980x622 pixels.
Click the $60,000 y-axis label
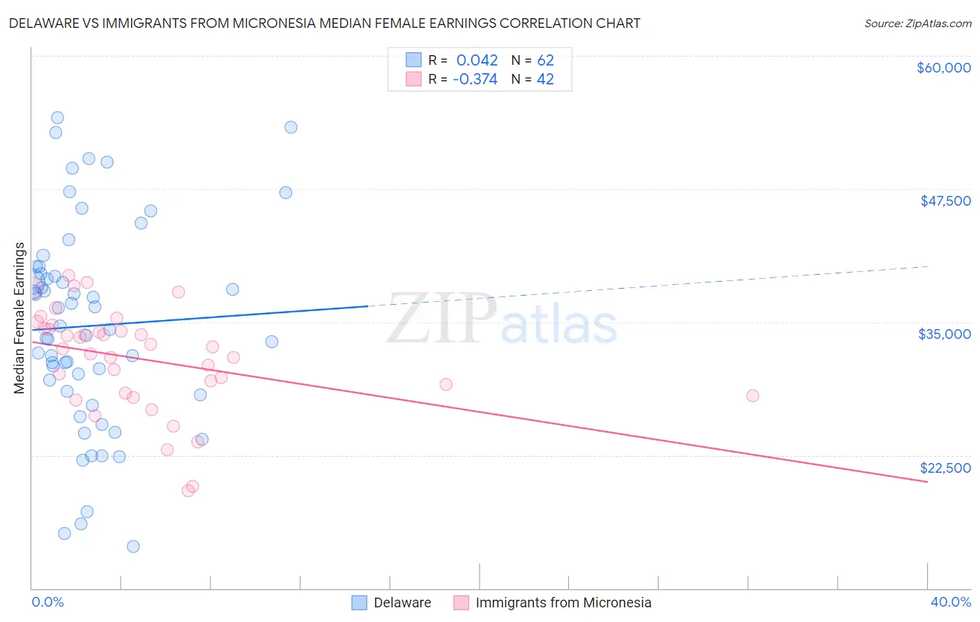943,68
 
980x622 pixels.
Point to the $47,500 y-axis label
945,201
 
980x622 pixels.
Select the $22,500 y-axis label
945,468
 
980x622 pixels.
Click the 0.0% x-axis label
47,602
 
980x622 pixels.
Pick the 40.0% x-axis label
950,602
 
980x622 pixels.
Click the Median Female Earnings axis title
20,318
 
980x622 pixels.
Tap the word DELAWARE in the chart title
47,23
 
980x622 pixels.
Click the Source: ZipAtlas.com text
917,23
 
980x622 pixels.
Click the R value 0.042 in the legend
477,60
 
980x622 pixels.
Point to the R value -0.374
475,79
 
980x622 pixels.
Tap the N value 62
545,60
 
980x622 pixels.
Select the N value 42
545,79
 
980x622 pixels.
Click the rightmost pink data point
752,395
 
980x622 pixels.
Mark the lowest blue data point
133,546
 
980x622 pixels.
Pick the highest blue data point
57,118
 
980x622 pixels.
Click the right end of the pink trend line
927,482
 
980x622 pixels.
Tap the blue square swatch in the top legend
414,60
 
